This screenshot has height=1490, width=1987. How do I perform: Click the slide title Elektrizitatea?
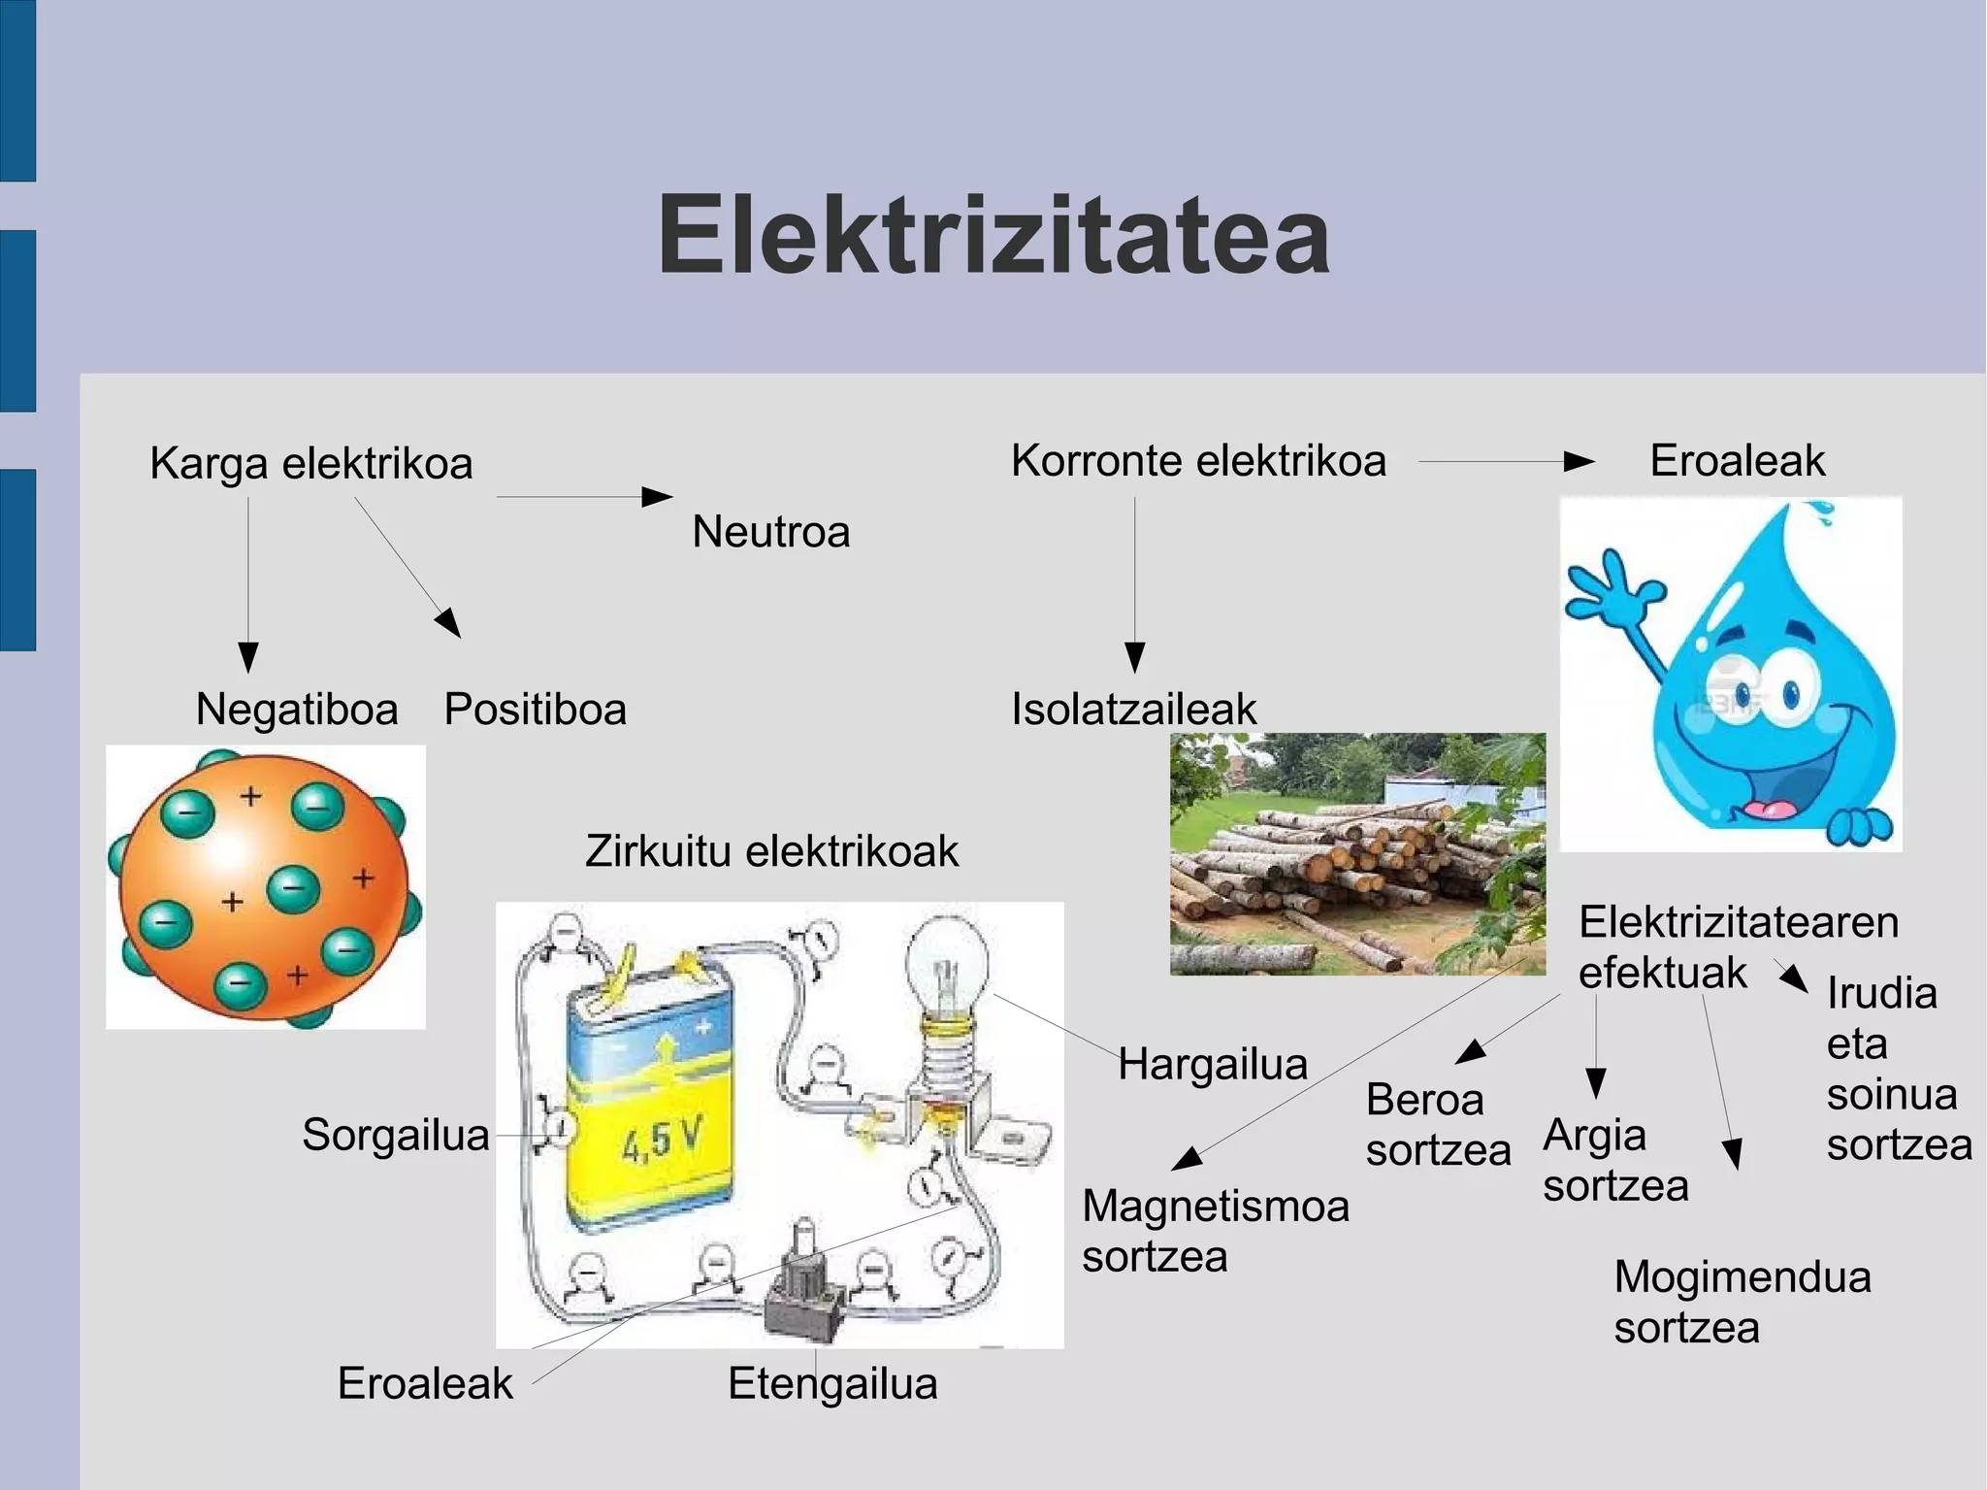tap(993, 236)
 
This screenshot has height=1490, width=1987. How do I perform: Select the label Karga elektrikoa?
tap(310, 463)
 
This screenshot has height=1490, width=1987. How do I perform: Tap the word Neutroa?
tap(770, 532)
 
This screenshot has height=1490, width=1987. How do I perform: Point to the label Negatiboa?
tap(297, 709)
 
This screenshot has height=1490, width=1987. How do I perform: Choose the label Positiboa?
tap(535, 709)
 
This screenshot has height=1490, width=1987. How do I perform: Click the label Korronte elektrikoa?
tap(1198, 460)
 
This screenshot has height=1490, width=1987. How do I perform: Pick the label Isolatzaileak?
tap(1133, 709)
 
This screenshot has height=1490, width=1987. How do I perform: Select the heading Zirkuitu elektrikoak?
tap(771, 851)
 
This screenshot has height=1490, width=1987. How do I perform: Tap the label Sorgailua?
tap(395, 1134)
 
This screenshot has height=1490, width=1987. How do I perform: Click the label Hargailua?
tap(1212, 1064)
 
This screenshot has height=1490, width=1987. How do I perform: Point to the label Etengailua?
tap(832, 1383)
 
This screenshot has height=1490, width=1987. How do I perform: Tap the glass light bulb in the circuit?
tap(946, 961)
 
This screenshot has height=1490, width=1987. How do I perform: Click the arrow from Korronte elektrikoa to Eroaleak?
tap(1506, 462)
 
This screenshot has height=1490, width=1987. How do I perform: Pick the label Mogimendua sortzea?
tap(1742, 1302)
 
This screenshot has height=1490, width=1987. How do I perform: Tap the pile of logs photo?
tap(1356, 854)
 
